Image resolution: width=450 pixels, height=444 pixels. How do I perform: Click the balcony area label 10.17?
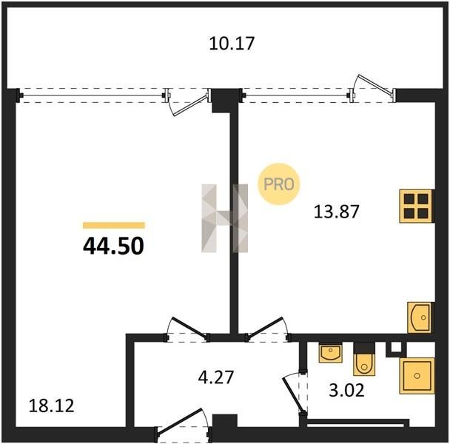(x=232, y=44)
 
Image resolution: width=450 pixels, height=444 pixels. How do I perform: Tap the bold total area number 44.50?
(x=113, y=246)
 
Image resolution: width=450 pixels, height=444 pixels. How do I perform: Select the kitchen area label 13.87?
(x=336, y=212)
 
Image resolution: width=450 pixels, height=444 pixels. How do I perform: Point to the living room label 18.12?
(x=51, y=406)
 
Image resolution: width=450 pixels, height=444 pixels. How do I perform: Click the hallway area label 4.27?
(x=216, y=377)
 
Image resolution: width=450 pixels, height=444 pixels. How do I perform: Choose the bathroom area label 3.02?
(x=346, y=390)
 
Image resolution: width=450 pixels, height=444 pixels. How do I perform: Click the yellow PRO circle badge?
(x=279, y=184)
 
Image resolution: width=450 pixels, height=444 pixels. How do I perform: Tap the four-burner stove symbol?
(x=416, y=206)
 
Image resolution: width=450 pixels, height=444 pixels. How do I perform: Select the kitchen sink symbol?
(x=420, y=317)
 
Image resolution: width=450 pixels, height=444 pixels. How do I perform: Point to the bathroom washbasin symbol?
(x=331, y=353)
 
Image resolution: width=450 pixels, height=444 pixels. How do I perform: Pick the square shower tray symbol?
(x=417, y=376)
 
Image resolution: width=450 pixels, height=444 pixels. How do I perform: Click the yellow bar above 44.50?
(x=114, y=225)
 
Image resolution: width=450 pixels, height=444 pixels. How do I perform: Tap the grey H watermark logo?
(x=224, y=218)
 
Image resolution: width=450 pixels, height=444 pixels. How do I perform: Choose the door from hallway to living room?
(x=187, y=329)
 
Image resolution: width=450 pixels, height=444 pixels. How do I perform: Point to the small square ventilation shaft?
(x=396, y=348)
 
